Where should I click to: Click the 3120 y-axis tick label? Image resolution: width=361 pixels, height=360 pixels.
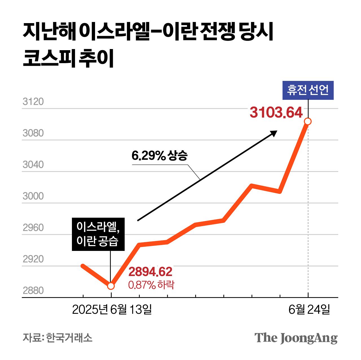point(33,102)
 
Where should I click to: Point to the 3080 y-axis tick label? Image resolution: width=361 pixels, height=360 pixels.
point(33,133)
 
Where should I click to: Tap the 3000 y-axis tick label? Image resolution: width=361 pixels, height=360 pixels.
point(33,196)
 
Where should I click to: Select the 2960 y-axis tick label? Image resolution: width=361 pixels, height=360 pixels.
point(33,228)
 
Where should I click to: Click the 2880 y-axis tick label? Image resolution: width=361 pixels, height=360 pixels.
point(33,291)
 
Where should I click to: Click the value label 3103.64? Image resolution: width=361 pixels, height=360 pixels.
point(276,112)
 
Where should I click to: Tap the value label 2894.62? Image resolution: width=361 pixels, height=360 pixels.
point(150,272)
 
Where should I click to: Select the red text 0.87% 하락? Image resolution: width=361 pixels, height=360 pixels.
point(151,285)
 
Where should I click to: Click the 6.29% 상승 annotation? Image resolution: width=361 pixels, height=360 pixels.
point(159,155)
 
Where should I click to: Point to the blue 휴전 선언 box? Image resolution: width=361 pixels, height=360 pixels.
point(308,90)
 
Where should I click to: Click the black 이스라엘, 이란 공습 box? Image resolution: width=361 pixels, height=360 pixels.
point(98,234)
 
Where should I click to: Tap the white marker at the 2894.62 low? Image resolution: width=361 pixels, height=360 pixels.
point(111,286)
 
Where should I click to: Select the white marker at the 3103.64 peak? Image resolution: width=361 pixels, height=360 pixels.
point(308,122)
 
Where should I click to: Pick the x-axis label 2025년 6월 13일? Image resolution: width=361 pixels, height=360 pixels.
point(112,310)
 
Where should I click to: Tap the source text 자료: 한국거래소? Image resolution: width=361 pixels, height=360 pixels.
point(58,337)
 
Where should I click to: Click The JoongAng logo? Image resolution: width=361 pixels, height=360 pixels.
point(296,338)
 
